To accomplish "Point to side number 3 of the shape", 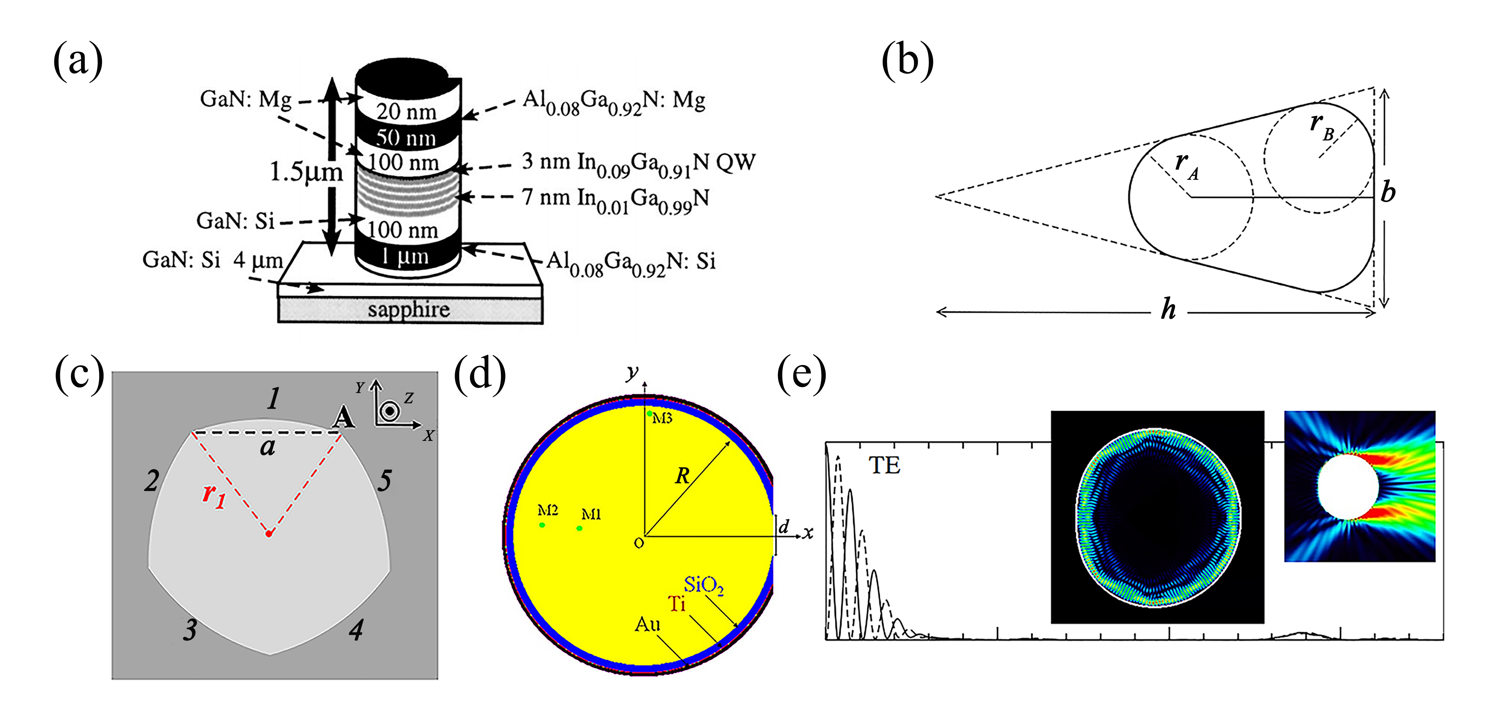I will (190, 630).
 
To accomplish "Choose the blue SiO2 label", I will (704, 585).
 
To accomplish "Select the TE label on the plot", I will (884, 466).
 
